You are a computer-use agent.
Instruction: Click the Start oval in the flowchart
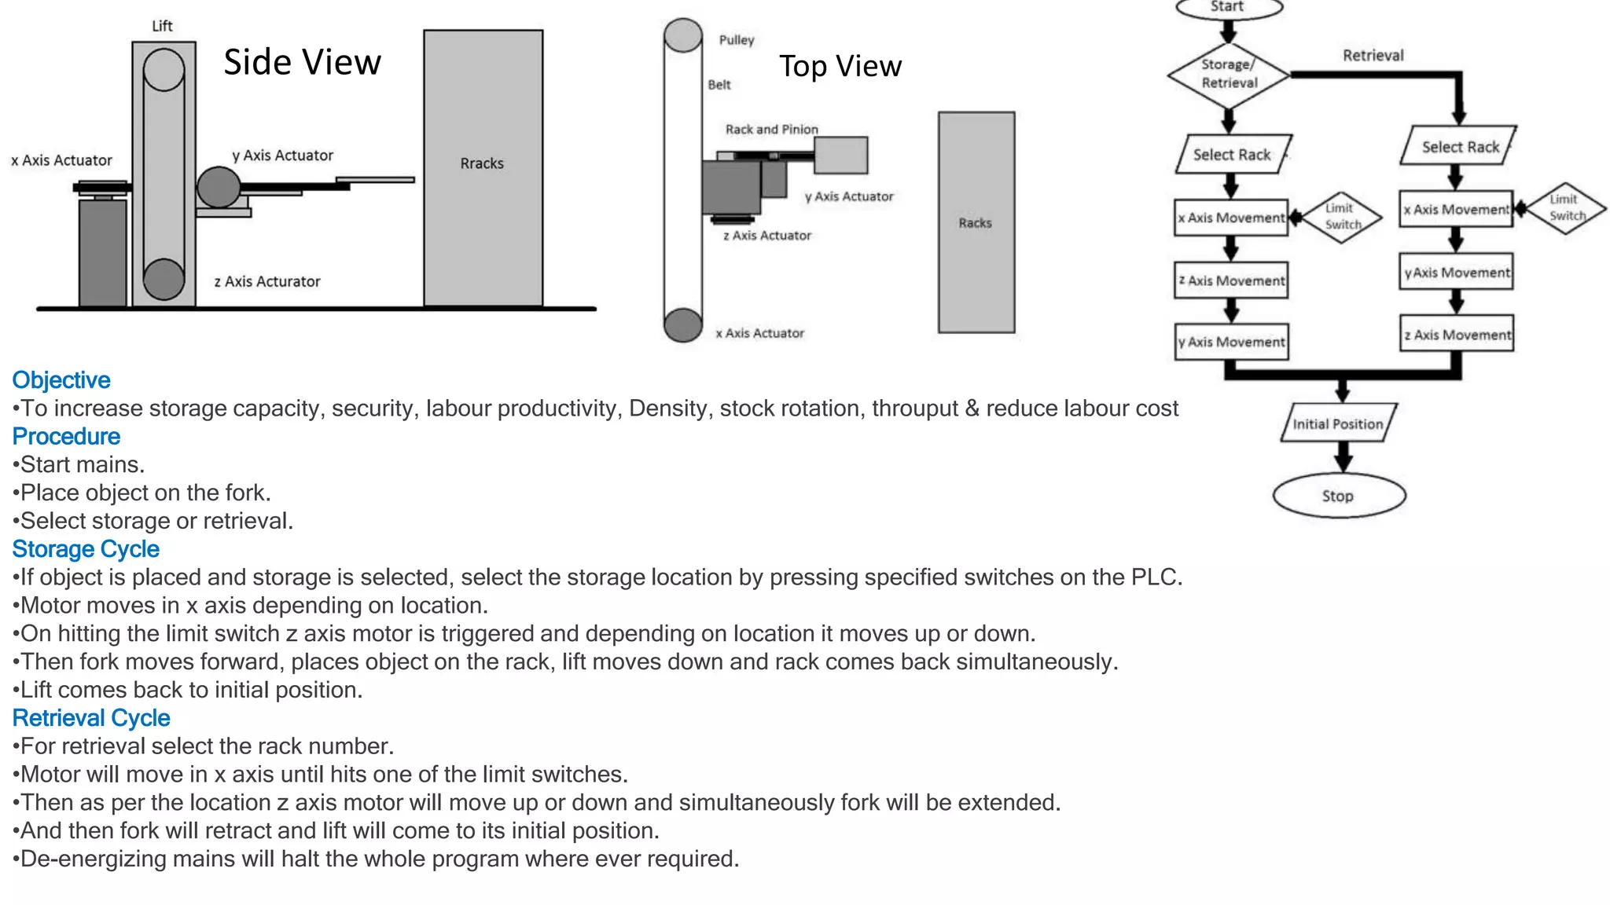coord(1228,7)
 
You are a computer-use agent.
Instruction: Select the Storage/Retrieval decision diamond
coord(1229,75)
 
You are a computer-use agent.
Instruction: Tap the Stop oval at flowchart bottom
coord(1339,496)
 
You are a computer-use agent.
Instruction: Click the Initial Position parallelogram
coord(1338,424)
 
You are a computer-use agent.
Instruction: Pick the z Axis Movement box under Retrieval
coord(1457,335)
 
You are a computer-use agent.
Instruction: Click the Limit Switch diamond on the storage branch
coord(1342,217)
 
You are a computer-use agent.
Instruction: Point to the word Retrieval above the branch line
coord(1373,55)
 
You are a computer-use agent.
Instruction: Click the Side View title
coord(302,62)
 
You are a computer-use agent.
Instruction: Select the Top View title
coord(840,66)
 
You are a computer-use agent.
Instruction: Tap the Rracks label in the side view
coord(482,163)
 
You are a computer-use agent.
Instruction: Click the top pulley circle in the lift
coord(164,70)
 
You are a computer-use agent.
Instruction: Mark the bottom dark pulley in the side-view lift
coord(164,279)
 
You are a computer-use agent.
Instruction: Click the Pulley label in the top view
coord(736,40)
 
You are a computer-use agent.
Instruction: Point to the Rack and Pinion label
coord(771,129)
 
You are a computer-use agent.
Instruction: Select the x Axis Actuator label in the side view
coord(61,160)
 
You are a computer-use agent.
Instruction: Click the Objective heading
coord(61,380)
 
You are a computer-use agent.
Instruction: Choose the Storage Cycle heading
coord(86,549)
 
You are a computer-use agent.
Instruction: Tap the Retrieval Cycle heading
coord(91,718)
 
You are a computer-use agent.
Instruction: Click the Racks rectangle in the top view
coord(976,222)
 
